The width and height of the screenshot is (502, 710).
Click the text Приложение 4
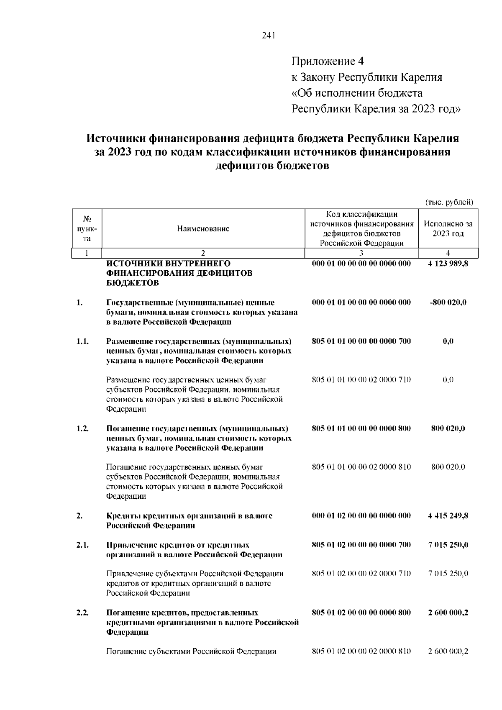[327, 62]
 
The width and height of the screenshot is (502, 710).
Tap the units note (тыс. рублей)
[449, 202]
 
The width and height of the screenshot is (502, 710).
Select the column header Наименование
[203, 228]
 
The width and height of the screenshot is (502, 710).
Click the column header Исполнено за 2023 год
[448, 228]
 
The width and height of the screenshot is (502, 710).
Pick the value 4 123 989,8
[448, 264]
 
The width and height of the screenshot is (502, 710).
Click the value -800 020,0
[448, 302]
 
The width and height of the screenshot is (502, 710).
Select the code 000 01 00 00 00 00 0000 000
[361, 264]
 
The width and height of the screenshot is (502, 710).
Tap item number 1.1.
[82, 341]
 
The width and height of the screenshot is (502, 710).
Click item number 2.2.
[82, 613]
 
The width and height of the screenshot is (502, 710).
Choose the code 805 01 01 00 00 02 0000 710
[361, 380]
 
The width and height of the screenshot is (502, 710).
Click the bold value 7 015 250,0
[448, 545]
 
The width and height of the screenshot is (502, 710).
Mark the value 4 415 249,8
[448, 516]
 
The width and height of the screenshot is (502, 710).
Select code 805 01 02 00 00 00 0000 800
[361, 613]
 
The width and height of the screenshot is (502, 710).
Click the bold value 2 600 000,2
[448, 613]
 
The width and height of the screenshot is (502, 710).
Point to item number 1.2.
[82, 428]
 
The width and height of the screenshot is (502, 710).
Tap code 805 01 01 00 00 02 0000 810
[361, 467]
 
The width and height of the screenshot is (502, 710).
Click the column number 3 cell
[361, 253]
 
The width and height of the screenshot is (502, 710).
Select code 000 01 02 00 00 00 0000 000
[361, 516]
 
